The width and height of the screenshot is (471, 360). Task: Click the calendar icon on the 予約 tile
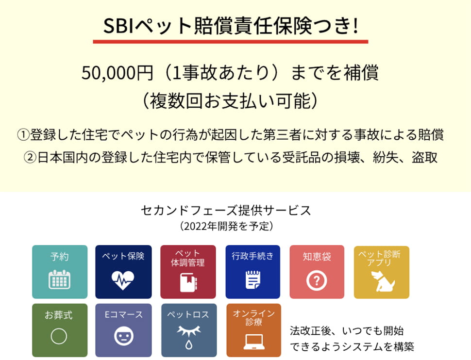[59, 279]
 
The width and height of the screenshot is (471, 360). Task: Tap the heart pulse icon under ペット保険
[122, 280]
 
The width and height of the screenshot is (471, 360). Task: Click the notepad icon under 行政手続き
[252, 280]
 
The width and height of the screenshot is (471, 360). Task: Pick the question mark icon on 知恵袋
[317, 281]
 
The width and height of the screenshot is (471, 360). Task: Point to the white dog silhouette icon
[382, 281]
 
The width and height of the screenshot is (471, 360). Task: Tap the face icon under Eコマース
[124, 336]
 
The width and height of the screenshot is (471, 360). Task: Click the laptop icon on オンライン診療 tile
[254, 342]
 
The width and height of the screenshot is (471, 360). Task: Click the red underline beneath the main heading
[230, 42]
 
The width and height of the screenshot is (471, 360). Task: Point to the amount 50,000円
[118, 73]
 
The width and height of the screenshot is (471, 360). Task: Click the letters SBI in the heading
[118, 26]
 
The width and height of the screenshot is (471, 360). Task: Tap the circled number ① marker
[23, 135]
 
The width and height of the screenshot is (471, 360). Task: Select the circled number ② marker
[30, 157]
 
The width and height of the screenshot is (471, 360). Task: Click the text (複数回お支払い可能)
[230, 100]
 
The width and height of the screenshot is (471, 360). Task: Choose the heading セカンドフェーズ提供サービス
[226, 210]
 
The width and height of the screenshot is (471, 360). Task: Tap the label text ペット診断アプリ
[379, 258]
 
